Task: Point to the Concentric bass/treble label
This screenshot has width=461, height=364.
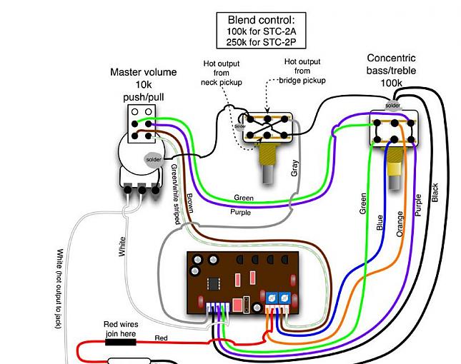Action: pyautogui.click(x=392, y=70)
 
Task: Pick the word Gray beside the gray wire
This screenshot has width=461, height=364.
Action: pyautogui.click(x=294, y=168)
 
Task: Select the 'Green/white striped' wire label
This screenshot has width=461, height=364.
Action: pyautogui.click(x=174, y=193)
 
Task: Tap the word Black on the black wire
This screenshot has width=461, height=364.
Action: pyautogui.click(x=435, y=193)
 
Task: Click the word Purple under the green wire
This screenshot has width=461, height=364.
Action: pyautogui.click(x=240, y=212)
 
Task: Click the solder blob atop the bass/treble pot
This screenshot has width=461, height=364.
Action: pyautogui.click(x=392, y=106)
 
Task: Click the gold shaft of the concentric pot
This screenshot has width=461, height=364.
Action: pyautogui.click(x=393, y=170)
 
